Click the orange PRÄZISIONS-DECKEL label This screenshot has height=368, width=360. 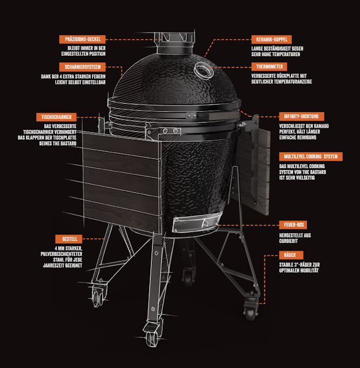(x=82, y=40)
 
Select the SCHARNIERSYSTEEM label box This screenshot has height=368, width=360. (x=82, y=67)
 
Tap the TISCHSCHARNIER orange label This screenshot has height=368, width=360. (x=56, y=117)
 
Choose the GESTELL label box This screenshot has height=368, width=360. (x=69, y=239)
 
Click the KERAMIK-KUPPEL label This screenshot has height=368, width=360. (x=271, y=40)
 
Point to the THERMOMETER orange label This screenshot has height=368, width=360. (x=269, y=67)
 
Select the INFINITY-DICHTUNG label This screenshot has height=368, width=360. (x=302, y=116)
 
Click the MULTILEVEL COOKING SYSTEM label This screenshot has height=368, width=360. (x=311, y=156)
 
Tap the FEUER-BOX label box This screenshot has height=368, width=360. (x=293, y=225)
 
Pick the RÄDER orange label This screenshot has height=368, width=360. (x=291, y=255)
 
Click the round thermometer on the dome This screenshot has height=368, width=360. (x=203, y=71)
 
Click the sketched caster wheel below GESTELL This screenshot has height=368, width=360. (x=97, y=297)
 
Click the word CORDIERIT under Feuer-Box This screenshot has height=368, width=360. (x=288, y=241)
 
